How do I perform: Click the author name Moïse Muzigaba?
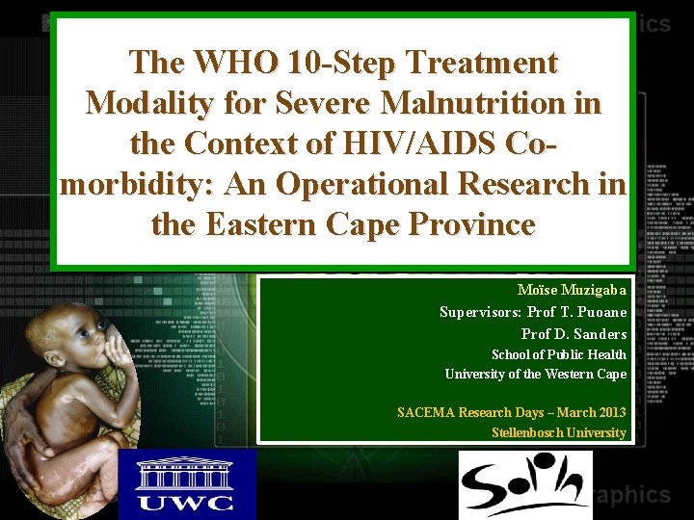coord(572,290)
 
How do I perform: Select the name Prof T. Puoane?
coord(576,312)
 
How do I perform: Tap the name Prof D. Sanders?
coord(574,334)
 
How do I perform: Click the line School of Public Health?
coord(558,354)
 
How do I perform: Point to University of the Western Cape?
coord(535,374)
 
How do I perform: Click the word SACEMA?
coord(429,412)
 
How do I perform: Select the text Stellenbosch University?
coord(558,432)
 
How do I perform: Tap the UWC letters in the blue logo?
coord(186,500)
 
